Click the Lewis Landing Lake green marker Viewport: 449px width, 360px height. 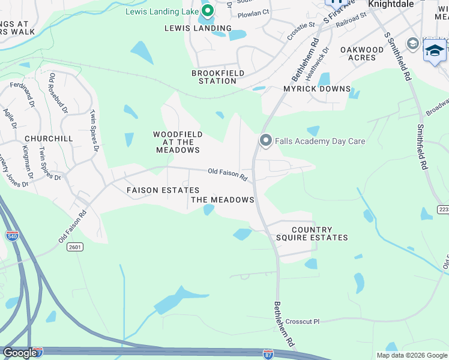[x=208, y=10]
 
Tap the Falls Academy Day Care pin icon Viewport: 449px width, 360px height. [x=266, y=140]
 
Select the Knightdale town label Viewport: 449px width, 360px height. [x=391, y=4]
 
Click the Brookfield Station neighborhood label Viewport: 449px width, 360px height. [x=214, y=77]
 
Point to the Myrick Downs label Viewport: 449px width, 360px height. [x=317, y=89]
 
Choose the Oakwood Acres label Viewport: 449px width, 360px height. [x=362, y=54]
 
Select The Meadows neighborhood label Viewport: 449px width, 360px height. [x=223, y=200]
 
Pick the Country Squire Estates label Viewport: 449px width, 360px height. [x=312, y=234]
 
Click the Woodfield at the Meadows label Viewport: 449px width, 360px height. [x=178, y=142]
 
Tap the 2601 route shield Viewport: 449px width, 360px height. [x=76, y=247]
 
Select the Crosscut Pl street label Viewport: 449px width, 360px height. [x=303, y=322]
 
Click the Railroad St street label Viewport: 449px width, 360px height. [x=351, y=23]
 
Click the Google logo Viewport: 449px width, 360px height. [x=19, y=353]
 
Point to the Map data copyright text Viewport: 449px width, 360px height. [x=411, y=355]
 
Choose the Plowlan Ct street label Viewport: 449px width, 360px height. [x=254, y=11]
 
